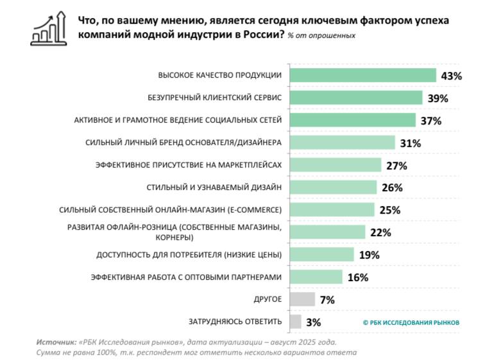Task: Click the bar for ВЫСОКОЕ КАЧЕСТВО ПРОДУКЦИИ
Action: tap(363, 76)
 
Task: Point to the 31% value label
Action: tap(411, 143)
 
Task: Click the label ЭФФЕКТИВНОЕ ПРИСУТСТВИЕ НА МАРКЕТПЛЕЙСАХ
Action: tap(189, 165)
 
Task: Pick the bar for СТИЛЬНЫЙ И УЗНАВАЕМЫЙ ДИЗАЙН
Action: tap(333, 187)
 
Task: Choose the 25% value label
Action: tap(390, 210)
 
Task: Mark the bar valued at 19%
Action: tap(322, 255)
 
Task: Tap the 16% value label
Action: tap(358, 277)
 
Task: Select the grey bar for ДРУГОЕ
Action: tap(302, 300)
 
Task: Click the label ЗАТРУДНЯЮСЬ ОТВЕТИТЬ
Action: tap(235, 321)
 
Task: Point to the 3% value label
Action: tap(313, 322)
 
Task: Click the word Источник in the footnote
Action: tap(55, 343)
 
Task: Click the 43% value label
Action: tap(452, 76)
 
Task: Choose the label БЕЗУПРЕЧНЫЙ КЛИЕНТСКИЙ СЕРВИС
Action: tap(215, 98)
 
